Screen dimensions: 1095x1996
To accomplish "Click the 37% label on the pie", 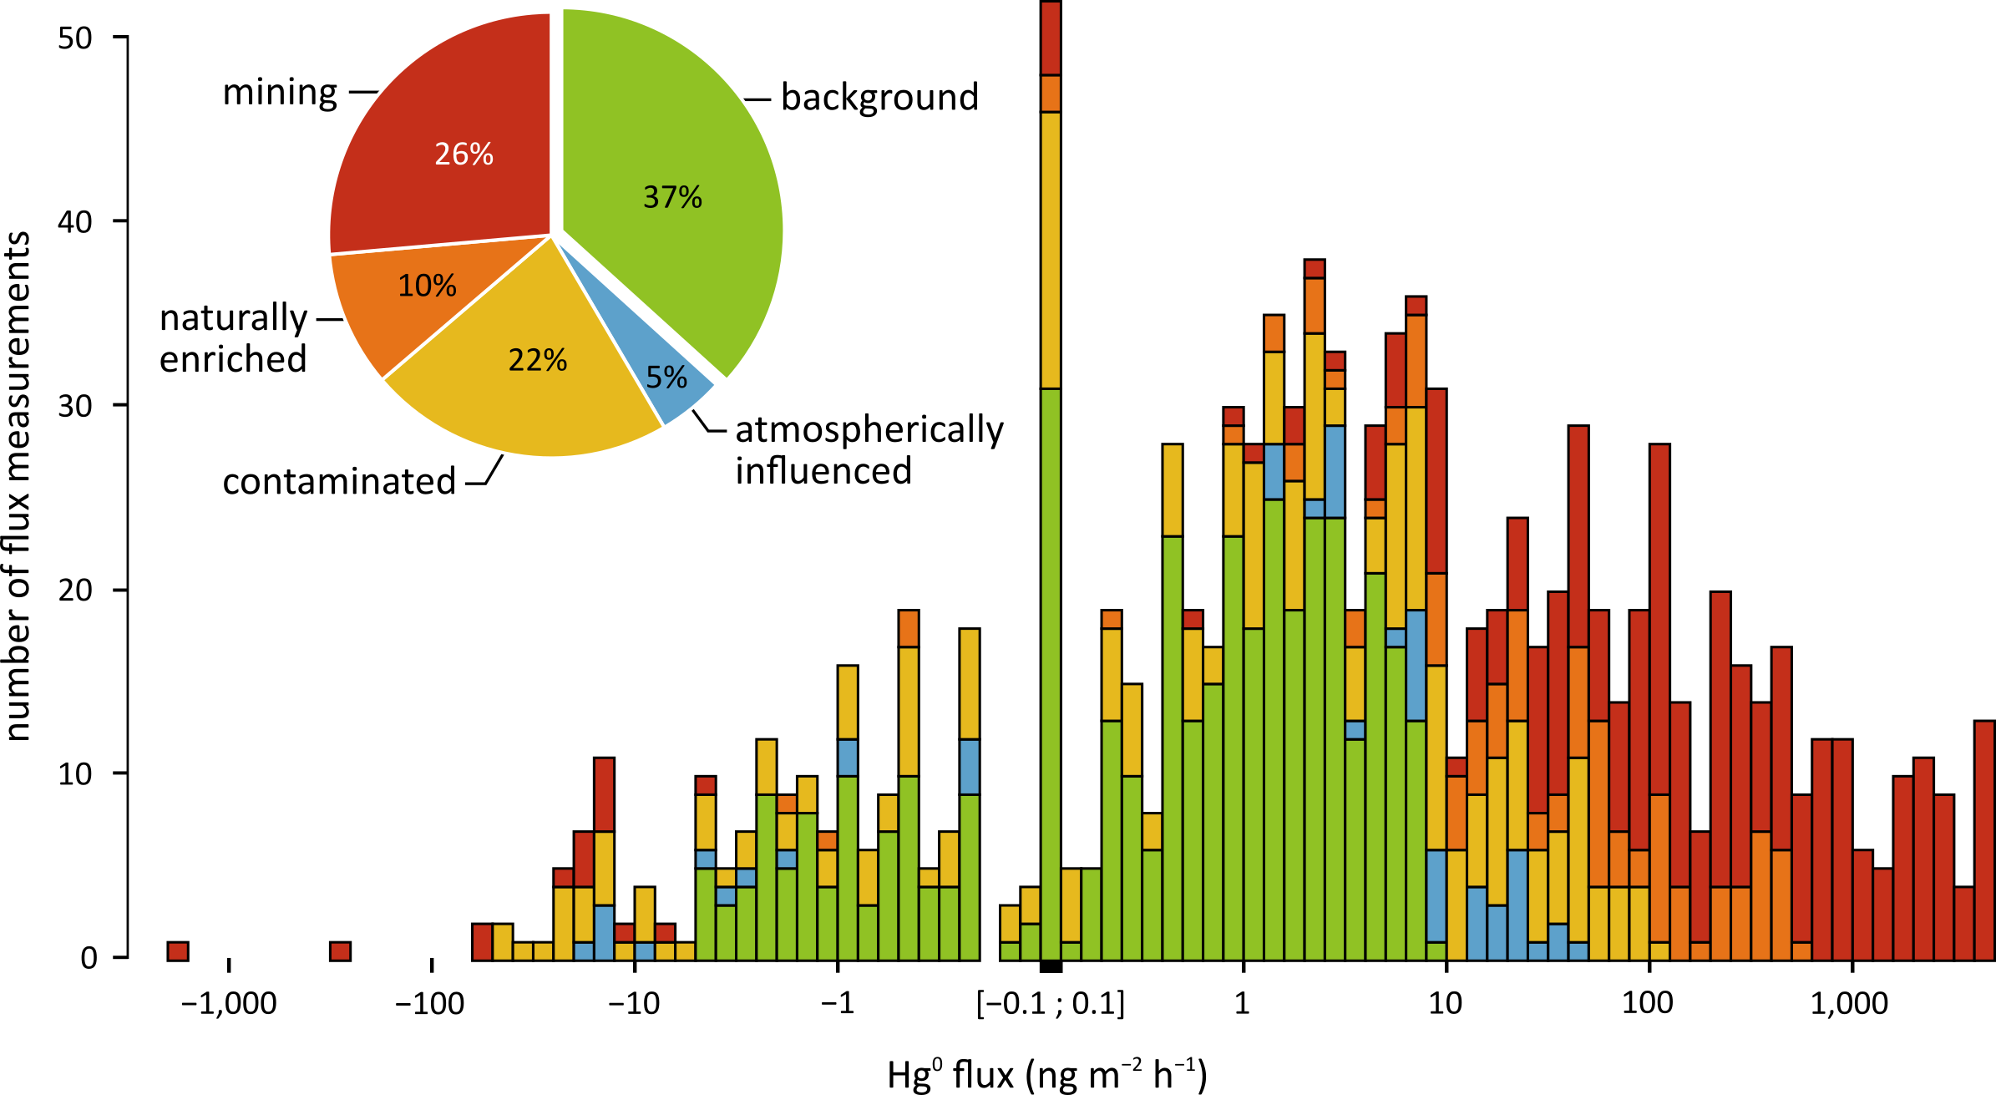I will pyautogui.click(x=672, y=198).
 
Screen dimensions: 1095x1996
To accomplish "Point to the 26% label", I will pyautogui.click(x=464, y=155).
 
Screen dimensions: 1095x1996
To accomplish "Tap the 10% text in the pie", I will pyautogui.click(x=427, y=286).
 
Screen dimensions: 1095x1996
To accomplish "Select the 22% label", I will pyautogui.click(x=538, y=361).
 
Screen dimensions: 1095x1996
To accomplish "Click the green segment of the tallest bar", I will pyautogui.click(x=1051, y=668).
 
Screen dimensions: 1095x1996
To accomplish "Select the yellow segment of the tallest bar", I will pyautogui.click(x=1051, y=251).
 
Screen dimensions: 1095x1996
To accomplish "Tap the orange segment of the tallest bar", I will pyautogui.click(x=1051, y=94).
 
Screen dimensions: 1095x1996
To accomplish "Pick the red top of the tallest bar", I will pyautogui.click(x=1051, y=38).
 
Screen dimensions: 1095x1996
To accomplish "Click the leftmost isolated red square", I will pyautogui.click(x=178, y=951).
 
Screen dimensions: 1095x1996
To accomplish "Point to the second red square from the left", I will pyautogui.click(x=340, y=951).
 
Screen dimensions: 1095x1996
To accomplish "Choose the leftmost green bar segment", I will pyautogui.click(x=706, y=914).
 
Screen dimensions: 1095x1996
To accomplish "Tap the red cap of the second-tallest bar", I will pyautogui.click(x=1315, y=269).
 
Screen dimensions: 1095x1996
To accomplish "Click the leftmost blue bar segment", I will pyautogui.click(x=584, y=951).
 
